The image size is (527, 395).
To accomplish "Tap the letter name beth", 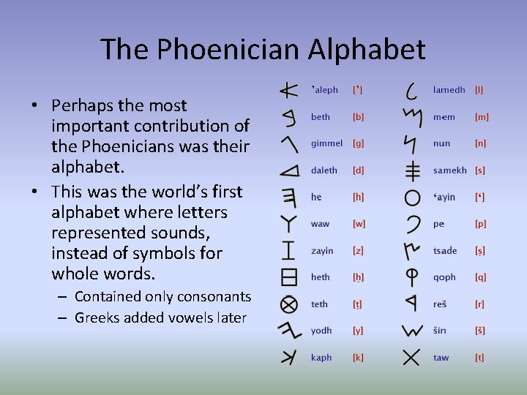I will pyautogui.click(x=321, y=117).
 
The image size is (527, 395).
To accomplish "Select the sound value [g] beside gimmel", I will pyautogui.click(x=359, y=143).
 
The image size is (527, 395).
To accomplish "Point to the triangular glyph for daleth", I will pyautogui.click(x=290, y=171).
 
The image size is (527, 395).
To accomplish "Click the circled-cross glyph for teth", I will pyautogui.click(x=289, y=304).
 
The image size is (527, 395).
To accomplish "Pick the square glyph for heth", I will pyautogui.click(x=289, y=276).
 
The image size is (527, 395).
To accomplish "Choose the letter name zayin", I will pyautogui.click(x=322, y=251).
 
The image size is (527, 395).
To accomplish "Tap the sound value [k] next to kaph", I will pyautogui.click(x=358, y=358).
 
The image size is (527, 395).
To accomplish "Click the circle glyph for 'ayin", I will pyautogui.click(x=412, y=197).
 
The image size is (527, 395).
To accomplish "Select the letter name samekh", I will pyautogui.click(x=449, y=170).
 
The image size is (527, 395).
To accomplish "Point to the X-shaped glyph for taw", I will pyautogui.click(x=411, y=357).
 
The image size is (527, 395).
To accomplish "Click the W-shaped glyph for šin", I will pyautogui.click(x=412, y=331).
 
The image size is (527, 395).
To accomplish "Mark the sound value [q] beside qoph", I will pyautogui.click(x=480, y=277).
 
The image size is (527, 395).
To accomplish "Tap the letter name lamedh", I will pyautogui.click(x=449, y=90).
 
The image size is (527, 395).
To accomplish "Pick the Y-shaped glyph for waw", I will pyautogui.click(x=290, y=223).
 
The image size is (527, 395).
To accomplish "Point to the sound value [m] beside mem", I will pyautogui.click(x=482, y=117).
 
